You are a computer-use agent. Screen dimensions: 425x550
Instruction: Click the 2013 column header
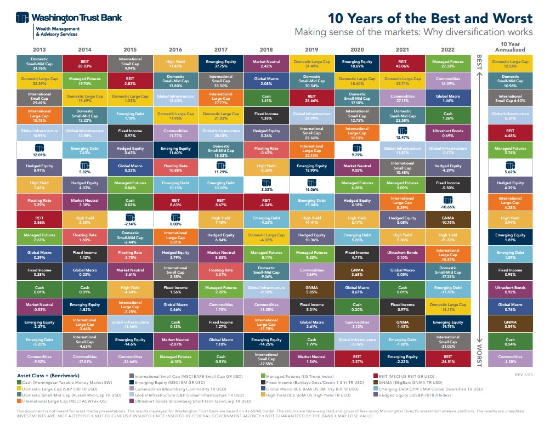(x=39, y=49)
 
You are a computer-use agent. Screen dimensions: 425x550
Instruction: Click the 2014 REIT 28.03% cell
(x=84, y=64)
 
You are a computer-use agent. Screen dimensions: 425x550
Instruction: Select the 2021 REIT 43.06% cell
(x=402, y=64)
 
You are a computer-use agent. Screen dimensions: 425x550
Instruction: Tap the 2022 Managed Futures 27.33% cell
(x=447, y=64)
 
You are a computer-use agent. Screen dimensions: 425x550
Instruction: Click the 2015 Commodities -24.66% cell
(x=130, y=359)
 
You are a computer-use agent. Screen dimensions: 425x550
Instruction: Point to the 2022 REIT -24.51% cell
(x=447, y=359)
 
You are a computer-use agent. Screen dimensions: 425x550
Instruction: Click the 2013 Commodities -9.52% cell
(x=39, y=359)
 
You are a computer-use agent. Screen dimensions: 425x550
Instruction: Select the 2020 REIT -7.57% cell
(x=356, y=359)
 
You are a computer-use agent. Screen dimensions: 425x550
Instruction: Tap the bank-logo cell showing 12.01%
(x=39, y=151)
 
